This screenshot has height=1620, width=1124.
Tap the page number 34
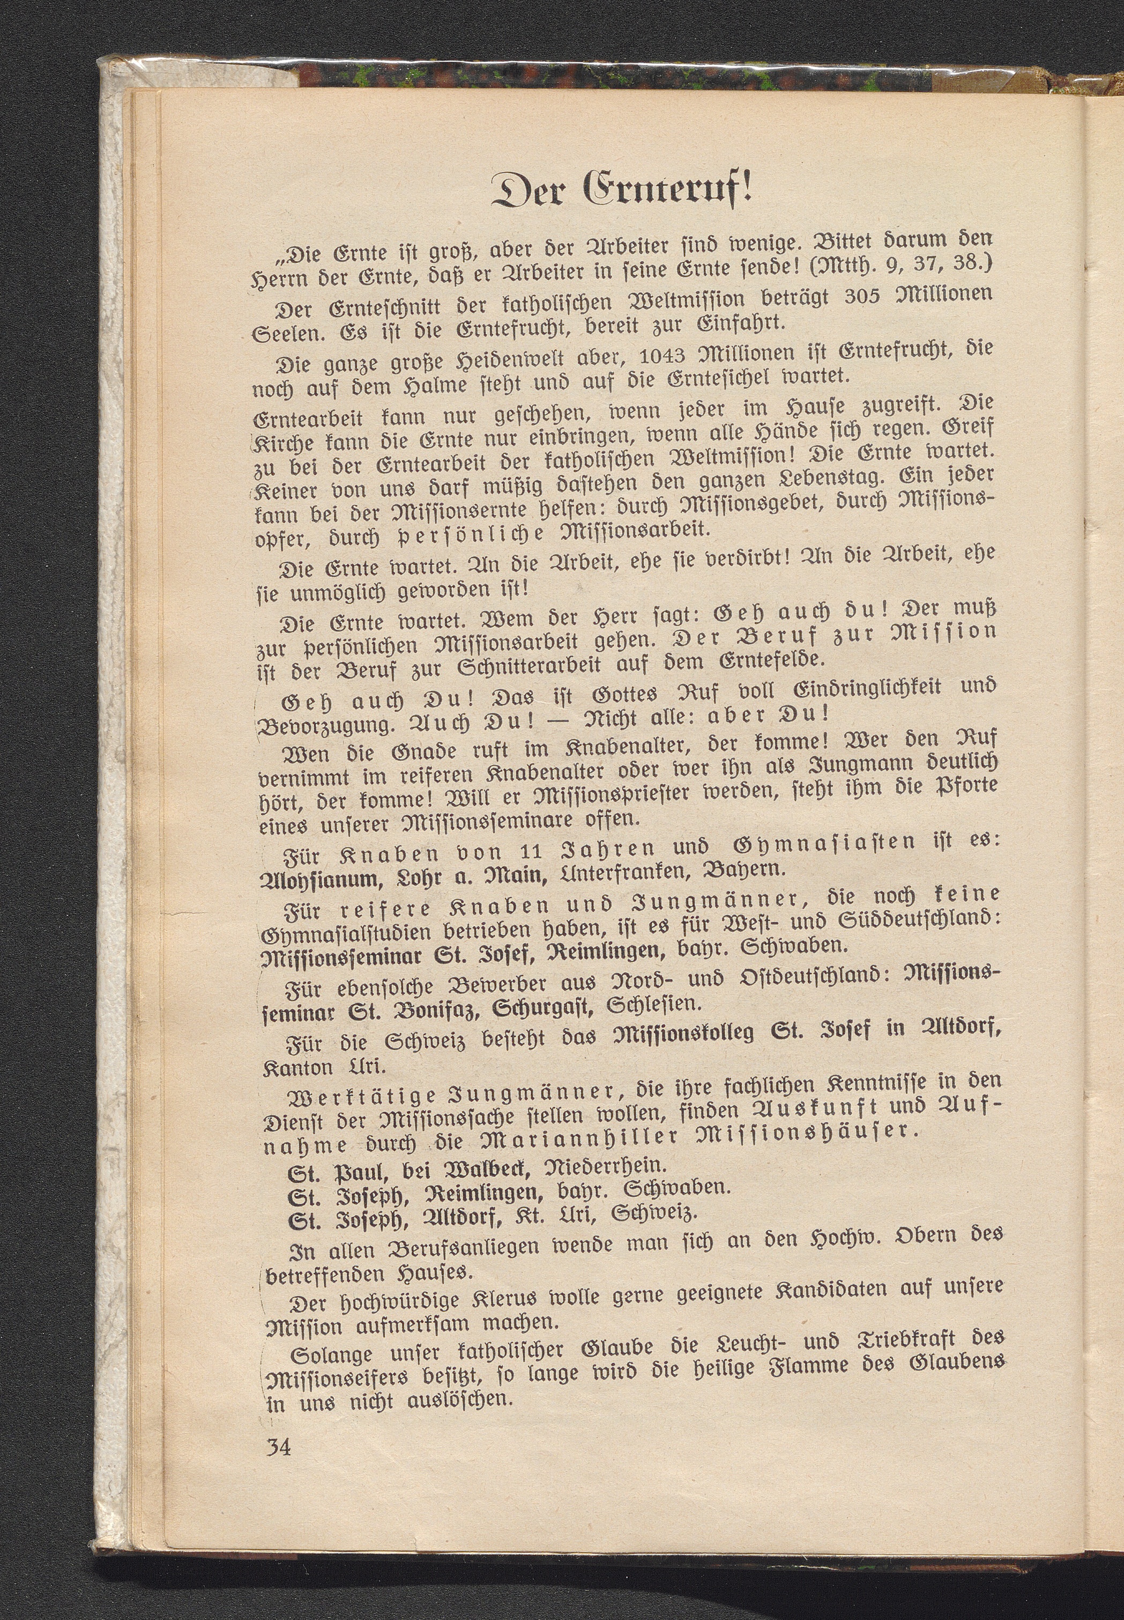(278, 1447)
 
